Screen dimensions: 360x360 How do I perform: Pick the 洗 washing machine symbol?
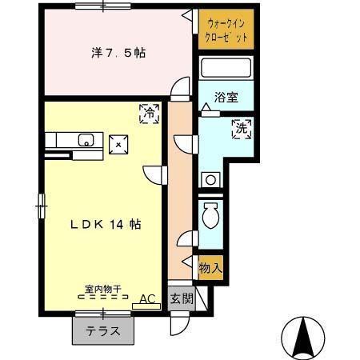coord(241,127)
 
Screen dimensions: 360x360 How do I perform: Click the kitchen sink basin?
coord(86,142)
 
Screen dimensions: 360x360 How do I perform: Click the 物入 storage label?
coord(210,268)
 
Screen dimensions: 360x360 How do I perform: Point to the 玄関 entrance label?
coord(181,299)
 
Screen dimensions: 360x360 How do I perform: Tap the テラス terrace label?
coord(104,331)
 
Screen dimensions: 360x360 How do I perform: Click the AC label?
coord(147,299)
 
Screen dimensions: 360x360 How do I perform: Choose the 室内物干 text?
coord(102,289)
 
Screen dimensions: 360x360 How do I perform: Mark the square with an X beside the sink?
coord(118,144)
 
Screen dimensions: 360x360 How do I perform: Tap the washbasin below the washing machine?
coord(211,180)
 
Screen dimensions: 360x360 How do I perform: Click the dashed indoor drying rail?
coord(102,297)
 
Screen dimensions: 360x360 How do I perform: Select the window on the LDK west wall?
coord(42,207)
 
